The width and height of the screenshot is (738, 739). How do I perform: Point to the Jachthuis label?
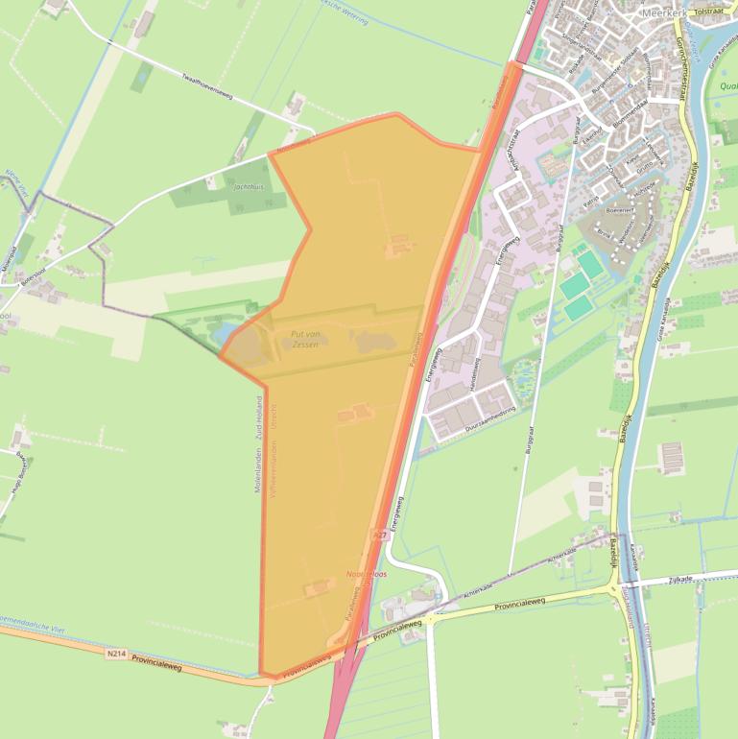point(249,186)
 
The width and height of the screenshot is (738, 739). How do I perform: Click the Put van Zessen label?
point(305,338)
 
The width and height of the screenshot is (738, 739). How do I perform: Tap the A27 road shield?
point(379,535)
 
